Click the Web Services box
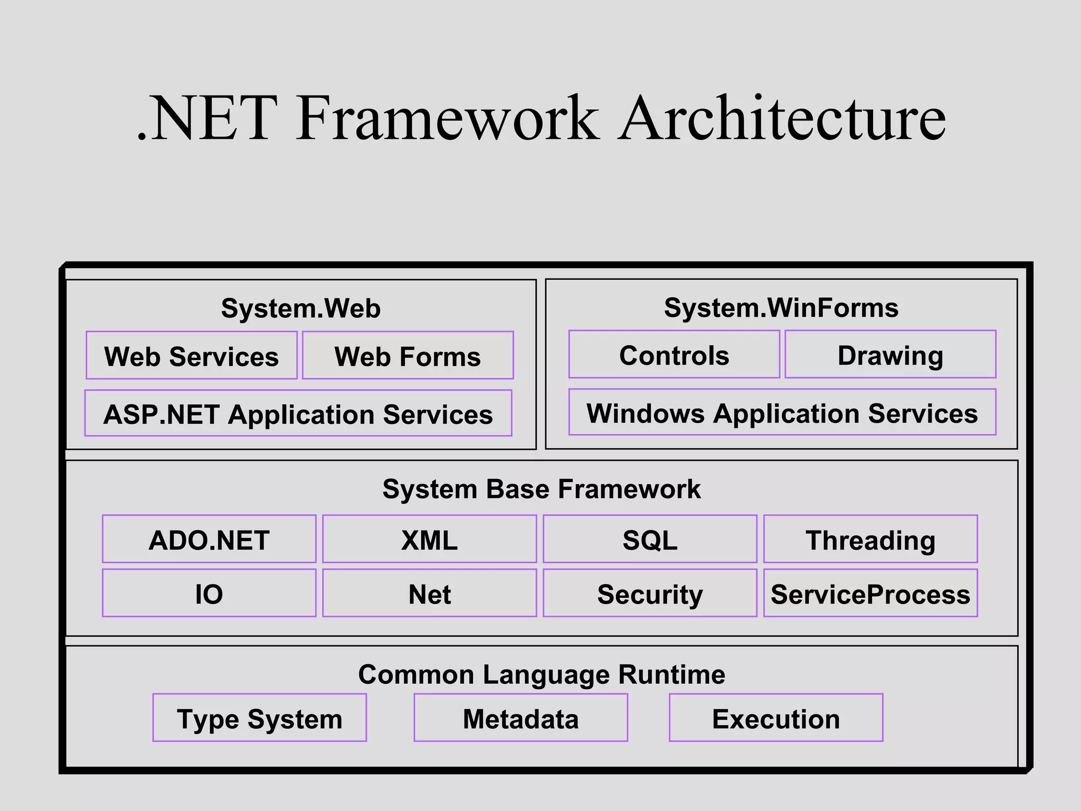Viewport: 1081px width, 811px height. [192, 355]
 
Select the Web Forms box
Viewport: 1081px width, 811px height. [407, 355]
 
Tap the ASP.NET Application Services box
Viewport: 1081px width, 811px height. [298, 413]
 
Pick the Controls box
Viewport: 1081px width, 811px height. [674, 354]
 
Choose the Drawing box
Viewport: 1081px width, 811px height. [890, 354]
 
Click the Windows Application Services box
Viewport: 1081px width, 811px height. [782, 412]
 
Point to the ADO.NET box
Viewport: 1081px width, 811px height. [209, 539]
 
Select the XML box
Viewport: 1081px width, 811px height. [430, 539]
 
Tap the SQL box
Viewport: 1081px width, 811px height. [650, 539]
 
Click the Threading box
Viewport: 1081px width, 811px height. [870, 539]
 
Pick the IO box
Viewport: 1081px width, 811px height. [209, 593]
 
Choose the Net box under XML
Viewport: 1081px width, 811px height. [430, 593]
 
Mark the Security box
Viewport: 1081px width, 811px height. [650, 593]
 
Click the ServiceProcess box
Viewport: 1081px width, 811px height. [870, 593]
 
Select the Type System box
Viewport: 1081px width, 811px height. [260, 718]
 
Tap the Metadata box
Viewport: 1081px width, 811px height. [521, 718]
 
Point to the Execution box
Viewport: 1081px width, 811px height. [776, 718]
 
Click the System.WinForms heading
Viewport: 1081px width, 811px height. [781, 307]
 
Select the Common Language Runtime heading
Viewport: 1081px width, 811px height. [542, 674]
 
